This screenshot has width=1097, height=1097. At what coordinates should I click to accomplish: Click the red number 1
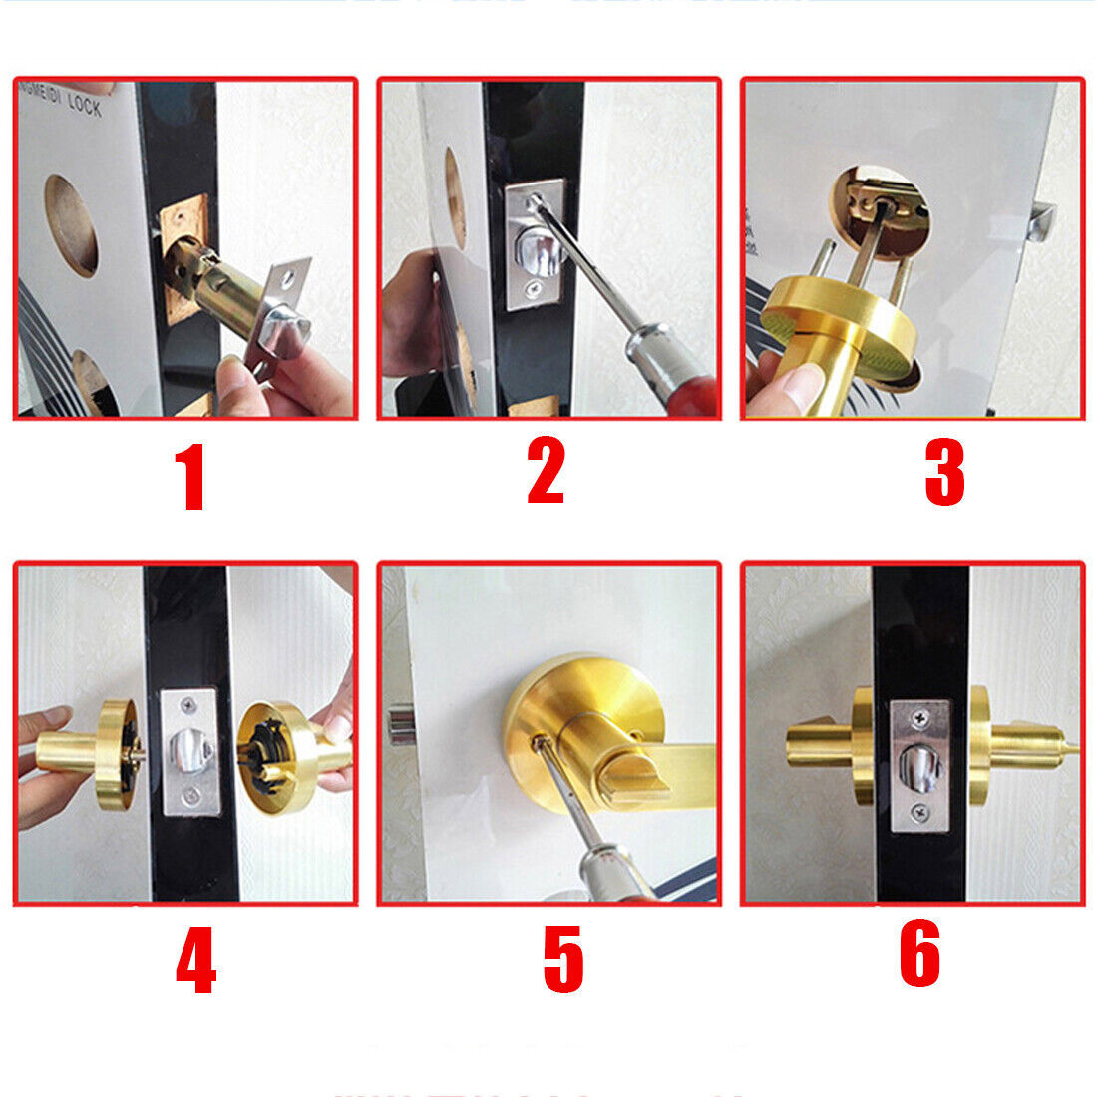[190, 478]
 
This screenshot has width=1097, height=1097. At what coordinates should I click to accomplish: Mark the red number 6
[919, 953]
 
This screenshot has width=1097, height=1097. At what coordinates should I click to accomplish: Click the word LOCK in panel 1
[84, 103]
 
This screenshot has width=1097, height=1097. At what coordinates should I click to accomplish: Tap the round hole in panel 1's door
[70, 225]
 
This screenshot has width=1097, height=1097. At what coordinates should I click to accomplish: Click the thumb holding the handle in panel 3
[788, 389]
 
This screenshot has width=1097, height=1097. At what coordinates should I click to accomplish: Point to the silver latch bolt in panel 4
[189, 749]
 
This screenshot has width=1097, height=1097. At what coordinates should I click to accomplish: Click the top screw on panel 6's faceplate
[921, 715]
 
